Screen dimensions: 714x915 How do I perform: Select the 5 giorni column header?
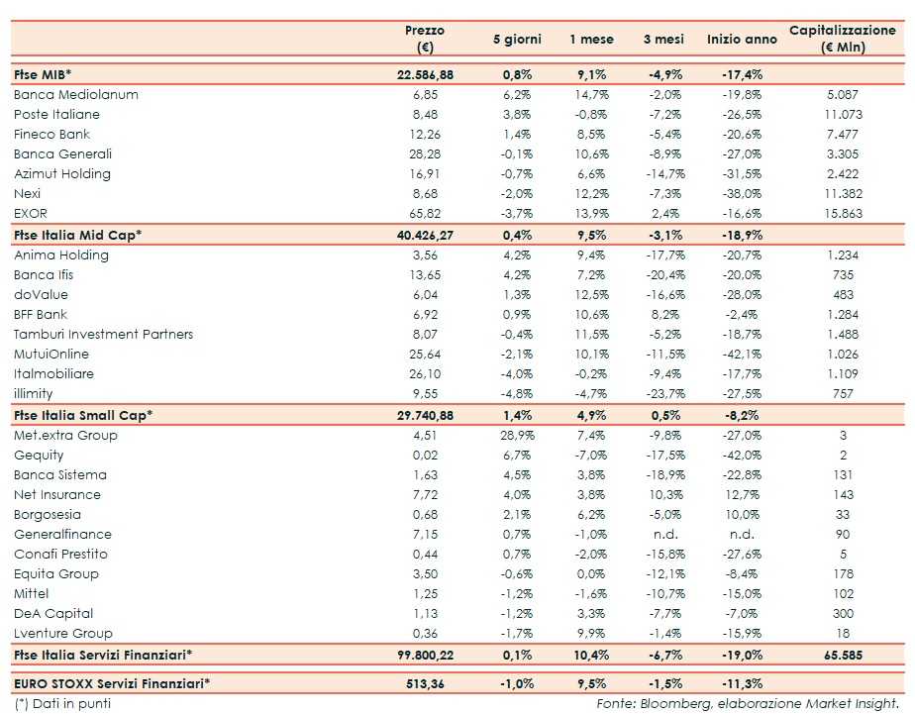click(x=517, y=40)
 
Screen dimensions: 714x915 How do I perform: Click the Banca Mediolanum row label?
click(x=75, y=95)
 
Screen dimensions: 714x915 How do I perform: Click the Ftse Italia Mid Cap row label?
click(x=77, y=235)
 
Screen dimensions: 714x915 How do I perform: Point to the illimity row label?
click(x=34, y=393)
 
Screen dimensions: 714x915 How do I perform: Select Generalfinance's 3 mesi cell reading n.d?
click(x=672, y=534)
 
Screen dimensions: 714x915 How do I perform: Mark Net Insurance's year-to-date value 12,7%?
click(x=742, y=494)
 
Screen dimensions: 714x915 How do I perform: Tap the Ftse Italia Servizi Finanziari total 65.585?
click(x=842, y=655)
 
